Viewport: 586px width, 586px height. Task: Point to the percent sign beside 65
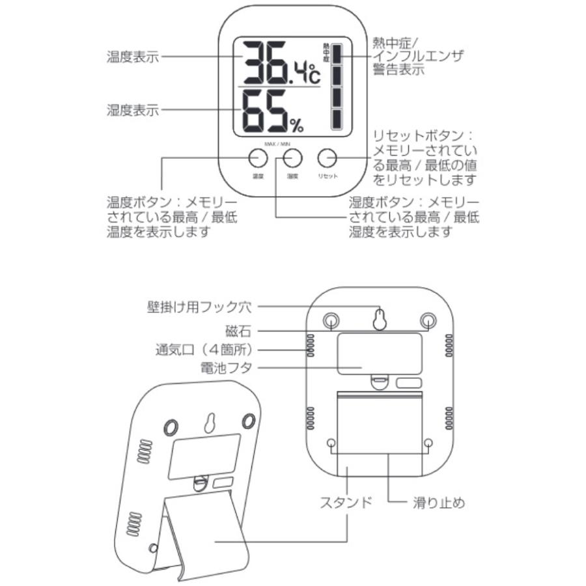[297, 122]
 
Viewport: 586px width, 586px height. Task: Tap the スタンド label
[346, 502]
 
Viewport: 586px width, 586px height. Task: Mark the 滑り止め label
[440, 502]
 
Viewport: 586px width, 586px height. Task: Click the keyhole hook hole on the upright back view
[379, 319]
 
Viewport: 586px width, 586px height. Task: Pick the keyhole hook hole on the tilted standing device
[210, 423]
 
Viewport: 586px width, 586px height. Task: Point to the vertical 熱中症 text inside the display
[326, 53]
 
